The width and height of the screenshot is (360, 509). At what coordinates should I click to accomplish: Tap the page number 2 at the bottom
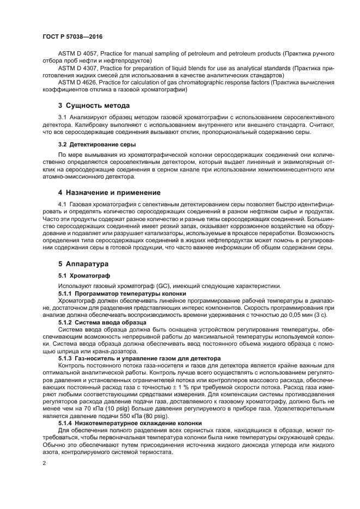click(44, 463)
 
